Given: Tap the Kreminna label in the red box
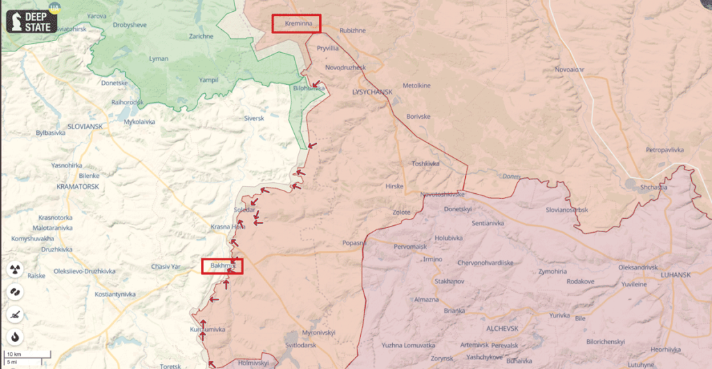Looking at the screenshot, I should (x=297, y=24).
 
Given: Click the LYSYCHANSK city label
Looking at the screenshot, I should (x=373, y=92).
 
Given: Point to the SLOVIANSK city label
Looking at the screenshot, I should (x=86, y=126).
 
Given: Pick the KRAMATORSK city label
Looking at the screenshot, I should (x=78, y=187).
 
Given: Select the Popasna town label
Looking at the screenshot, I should (x=354, y=243).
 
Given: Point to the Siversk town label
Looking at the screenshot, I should (x=254, y=119).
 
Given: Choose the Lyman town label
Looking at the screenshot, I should (x=159, y=59).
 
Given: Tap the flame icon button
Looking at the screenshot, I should (x=15, y=337).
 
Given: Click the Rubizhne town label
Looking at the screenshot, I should (x=353, y=31).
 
